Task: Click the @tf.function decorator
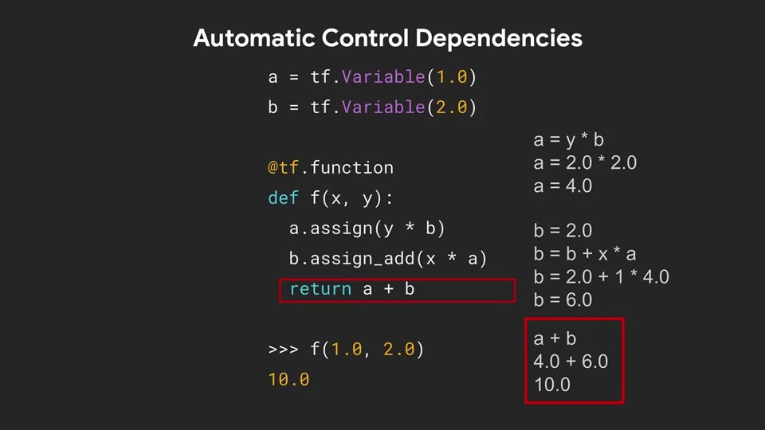click(x=331, y=168)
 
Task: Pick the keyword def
click(x=284, y=198)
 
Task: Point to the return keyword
click(x=320, y=289)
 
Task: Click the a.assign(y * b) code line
click(x=367, y=229)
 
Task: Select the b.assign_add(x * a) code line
click(x=387, y=259)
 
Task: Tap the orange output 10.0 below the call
click(x=288, y=380)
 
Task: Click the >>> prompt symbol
click(x=284, y=350)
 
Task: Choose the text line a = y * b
click(x=568, y=141)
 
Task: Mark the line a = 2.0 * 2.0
click(x=585, y=163)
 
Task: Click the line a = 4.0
click(x=563, y=186)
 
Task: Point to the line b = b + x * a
click(x=585, y=254)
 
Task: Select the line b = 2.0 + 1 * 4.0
click(x=601, y=277)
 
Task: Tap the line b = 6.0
click(x=563, y=300)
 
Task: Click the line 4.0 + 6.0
click(x=571, y=362)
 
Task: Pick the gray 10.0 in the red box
click(x=552, y=385)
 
